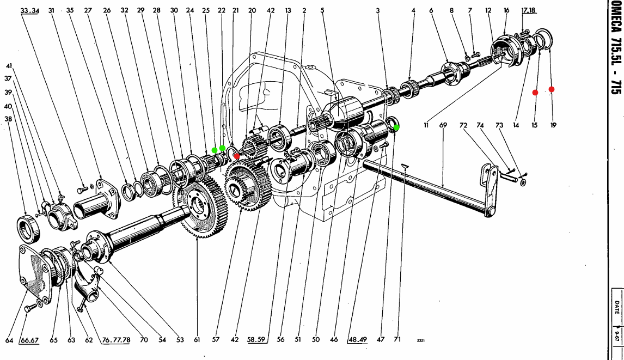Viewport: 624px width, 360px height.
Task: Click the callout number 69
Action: point(443,125)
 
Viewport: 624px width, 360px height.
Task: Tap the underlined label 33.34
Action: point(30,10)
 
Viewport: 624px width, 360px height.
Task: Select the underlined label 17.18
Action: point(529,10)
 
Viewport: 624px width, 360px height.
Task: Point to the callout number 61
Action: point(197,340)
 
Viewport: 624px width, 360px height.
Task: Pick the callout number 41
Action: point(9,66)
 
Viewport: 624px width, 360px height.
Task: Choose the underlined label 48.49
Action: point(358,340)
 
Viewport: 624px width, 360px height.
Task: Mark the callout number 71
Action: point(397,340)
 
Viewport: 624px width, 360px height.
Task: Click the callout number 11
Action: point(426,125)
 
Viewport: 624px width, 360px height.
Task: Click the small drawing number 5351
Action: point(420,341)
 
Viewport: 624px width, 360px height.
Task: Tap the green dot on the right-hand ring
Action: point(396,127)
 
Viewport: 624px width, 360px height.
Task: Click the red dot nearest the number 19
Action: point(552,89)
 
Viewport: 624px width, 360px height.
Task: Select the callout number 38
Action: point(8,118)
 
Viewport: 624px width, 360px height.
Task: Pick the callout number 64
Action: point(9,340)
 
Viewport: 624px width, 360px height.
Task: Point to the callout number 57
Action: point(216,340)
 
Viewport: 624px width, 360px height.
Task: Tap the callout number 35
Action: point(70,10)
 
